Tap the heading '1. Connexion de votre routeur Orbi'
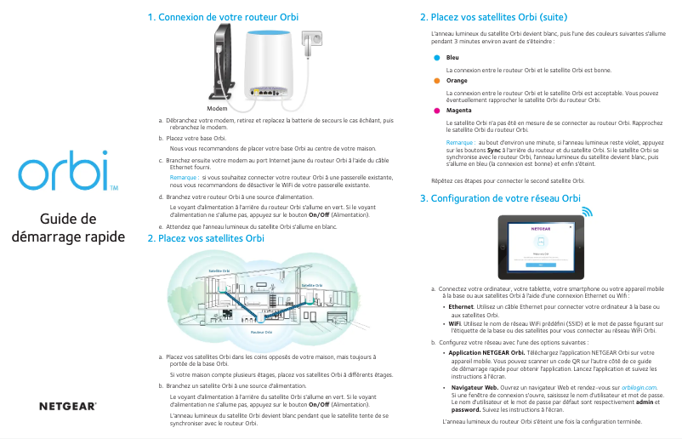(223, 17)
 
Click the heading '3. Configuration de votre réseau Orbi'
(500, 198)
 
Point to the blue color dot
(436, 58)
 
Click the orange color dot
(436, 81)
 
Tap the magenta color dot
(436, 111)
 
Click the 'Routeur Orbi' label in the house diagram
(262, 332)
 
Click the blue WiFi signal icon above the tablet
(587, 210)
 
